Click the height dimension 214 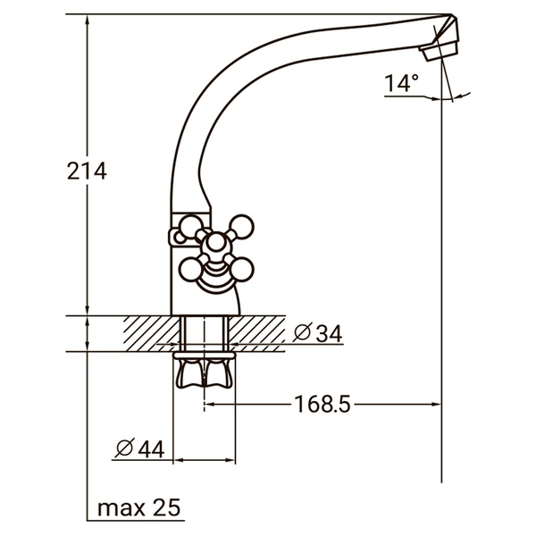[x=88, y=172]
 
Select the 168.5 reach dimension [x=322, y=405]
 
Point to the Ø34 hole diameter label [x=317, y=333]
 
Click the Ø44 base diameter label [x=140, y=449]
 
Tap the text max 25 [x=138, y=508]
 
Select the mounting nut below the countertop [x=205, y=373]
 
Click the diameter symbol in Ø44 [x=125, y=449]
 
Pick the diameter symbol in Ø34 [x=302, y=333]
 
